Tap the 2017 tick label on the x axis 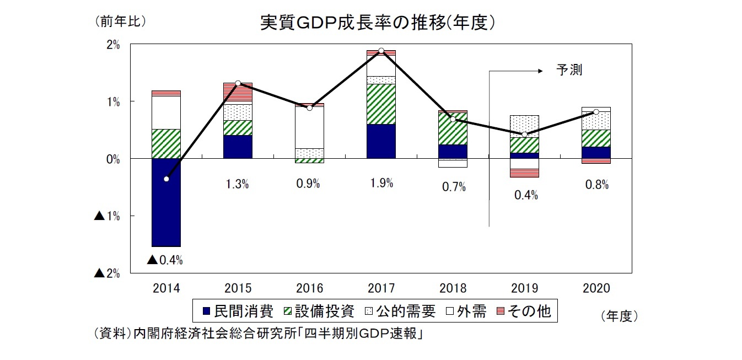coord(381,288)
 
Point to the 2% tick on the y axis coord(112,45)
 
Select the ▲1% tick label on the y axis coord(107,216)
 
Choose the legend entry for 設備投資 coord(318,311)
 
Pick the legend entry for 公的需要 coord(400,311)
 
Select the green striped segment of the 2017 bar coord(381,104)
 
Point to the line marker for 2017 coord(381,51)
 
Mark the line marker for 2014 coord(166,179)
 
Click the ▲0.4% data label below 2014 coord(165,260)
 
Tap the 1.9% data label coord(381,184)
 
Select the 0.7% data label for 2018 coord(454,187)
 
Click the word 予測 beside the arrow coord(569,71)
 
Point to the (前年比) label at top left coord(120,22)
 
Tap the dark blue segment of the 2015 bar coord(238,147)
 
